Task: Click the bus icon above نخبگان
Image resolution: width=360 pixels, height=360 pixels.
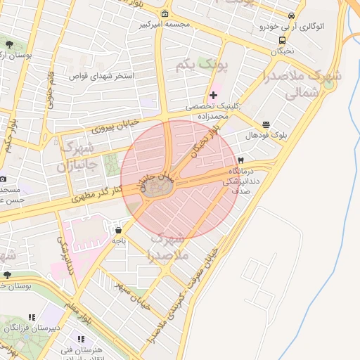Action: pos(282,41)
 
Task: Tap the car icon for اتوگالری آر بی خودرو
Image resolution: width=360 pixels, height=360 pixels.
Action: pos(292,16)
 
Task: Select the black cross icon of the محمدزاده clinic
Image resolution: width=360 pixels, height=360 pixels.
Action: pos(213,95)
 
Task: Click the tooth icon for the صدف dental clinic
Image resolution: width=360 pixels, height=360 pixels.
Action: pos(241,160)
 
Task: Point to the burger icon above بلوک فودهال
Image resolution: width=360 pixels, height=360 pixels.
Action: pos(266,124)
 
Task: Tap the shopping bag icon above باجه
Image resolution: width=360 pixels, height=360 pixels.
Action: pos(118,229)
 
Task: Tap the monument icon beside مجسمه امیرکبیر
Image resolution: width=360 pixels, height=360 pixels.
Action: pos(165,14)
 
